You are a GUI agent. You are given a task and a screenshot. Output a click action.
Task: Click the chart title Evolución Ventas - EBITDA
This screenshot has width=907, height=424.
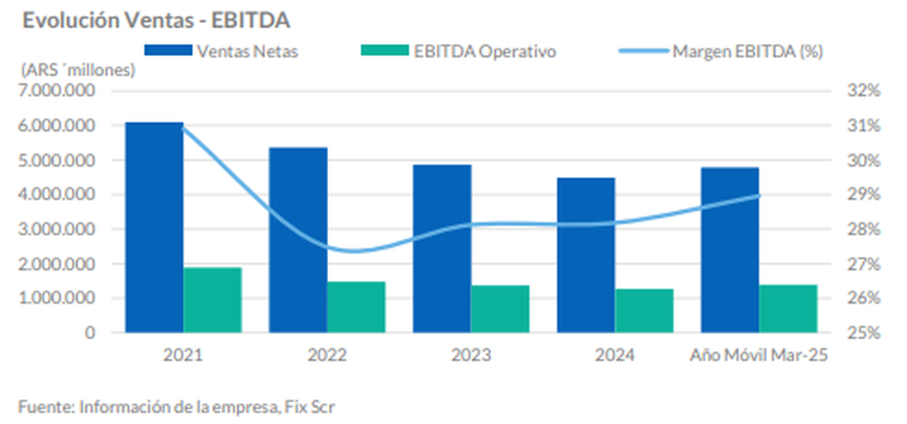(x=156, y=20)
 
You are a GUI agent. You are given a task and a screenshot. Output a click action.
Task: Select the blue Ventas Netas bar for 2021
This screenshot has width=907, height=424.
(x=154, y=227)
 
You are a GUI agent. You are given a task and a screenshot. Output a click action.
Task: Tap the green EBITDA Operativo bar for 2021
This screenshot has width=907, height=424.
(x=212, y=300)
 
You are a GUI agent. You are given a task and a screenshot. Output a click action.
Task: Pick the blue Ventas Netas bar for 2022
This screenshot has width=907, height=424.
(x=299, y=240)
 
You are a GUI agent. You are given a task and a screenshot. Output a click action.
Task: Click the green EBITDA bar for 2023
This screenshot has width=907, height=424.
(x=500, y=308)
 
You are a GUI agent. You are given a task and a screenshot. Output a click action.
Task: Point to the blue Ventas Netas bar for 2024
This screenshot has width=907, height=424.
(x=586, y=255)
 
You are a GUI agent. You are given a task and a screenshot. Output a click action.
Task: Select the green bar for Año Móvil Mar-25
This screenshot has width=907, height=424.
(x=788, y=308)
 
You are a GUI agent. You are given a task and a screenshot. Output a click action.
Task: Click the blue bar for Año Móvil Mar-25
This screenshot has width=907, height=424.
(x=730, y=249)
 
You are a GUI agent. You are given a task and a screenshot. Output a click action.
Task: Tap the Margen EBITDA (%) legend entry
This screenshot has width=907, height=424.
(x=721, y=51)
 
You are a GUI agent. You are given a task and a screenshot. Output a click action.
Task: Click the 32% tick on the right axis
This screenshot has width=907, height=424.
(x=864, y=91)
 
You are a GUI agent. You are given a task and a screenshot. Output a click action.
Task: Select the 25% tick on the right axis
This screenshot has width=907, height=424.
(x=864, y=333)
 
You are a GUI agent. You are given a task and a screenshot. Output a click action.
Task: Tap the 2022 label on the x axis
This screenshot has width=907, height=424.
(x=327, y=354)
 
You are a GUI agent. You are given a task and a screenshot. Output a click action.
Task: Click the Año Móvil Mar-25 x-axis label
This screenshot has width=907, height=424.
(x=759, y=354)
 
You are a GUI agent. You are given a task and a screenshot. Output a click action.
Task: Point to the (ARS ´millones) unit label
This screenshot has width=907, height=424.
(x=78, y=71)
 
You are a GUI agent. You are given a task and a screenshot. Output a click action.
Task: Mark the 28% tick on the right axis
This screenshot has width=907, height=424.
(x=864, y=229)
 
